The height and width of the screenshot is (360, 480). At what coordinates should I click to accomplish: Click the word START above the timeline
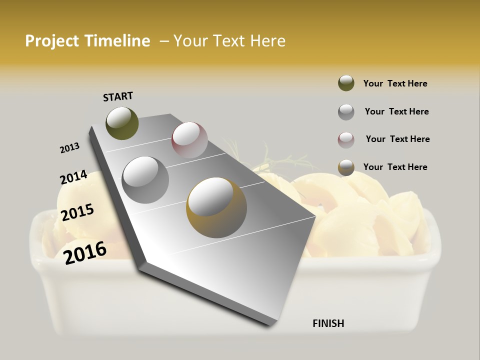[118, 96]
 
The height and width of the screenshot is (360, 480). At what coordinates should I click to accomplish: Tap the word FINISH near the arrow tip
[328, 323]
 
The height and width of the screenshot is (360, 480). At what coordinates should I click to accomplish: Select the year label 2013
[69, 148]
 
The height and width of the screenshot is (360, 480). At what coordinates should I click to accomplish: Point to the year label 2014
[73, 177]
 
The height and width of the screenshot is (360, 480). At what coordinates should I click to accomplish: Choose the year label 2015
[77, 212]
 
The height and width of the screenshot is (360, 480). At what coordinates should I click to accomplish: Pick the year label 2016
[85, 252]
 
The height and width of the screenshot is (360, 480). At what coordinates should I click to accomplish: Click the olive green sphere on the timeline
[122, 123]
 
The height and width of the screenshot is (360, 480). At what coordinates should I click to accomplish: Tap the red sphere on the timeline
[189, 139]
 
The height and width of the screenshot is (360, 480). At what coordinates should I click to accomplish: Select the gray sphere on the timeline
[145, 179]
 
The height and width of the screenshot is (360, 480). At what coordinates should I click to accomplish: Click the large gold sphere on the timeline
[216, 207]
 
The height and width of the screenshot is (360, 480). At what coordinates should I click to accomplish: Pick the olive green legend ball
[346, 83]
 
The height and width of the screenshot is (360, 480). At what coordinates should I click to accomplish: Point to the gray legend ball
[346, 112]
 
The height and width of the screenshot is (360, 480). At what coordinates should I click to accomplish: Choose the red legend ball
[346, 140]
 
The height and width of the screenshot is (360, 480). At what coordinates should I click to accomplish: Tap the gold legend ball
[346, 167]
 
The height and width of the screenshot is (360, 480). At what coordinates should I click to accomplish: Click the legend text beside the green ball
[395, 83]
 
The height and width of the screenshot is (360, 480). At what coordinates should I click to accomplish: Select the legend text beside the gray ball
[396, 111]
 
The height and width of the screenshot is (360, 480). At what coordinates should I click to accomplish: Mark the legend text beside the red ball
[397, 139]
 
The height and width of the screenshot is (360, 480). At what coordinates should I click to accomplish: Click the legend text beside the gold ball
[395, 167]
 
